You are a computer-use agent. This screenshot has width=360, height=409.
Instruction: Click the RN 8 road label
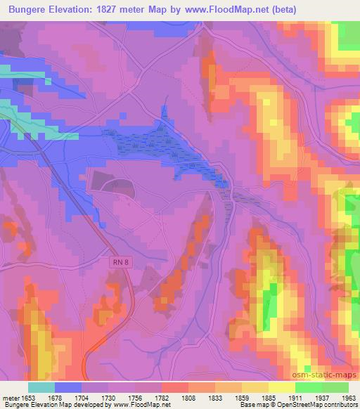pos(121,262)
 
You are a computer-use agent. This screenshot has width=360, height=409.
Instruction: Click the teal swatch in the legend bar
pos(41,387)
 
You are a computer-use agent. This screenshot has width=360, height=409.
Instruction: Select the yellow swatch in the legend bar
pos(282,387)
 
